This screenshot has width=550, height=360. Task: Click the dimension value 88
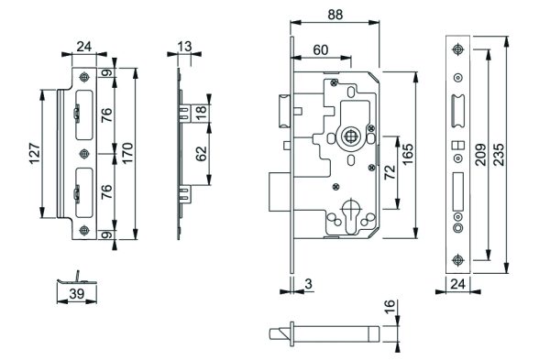pyautogui.click(x=335, y=15)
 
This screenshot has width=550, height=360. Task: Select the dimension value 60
pyautogui.click(x=321, y=50)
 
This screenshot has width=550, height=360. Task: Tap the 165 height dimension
pyautogui.click(x=408, y=154)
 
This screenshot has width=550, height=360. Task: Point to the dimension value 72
pyautogui.click(x=390, y=172)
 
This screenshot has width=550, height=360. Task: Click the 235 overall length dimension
pyautogui.click(x=498, y=154)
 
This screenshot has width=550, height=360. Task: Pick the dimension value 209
pyautogui.click(x=480, y=154)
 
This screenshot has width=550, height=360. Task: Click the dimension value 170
pyautogui.click(x=127, y=153)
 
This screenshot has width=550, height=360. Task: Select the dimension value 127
pyautogui.click(x=35, y=153)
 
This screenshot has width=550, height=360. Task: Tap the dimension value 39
pyautogui.click(x=76, y=294)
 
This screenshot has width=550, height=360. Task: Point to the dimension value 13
pyautogui.click(x=184, y=47)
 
